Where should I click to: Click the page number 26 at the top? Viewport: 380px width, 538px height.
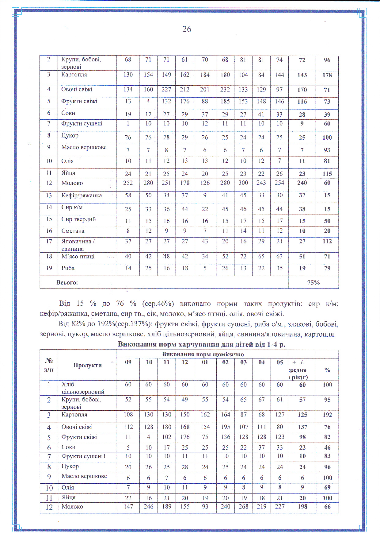tap(187, 29)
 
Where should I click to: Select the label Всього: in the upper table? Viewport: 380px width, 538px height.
tap(67, 283)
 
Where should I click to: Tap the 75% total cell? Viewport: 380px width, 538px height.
tap(313, 283)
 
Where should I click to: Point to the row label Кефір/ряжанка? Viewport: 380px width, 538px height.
tap(82, 196)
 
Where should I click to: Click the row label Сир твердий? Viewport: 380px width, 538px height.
tap(78, 219)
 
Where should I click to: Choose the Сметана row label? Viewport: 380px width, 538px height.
tap(73, 231)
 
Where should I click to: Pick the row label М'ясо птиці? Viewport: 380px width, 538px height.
tap(78, 257)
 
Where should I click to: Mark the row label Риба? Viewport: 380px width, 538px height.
tap(68, 268)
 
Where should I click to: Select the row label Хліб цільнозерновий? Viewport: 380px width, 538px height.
tap(83, 388)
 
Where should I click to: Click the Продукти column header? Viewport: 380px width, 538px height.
tap(87, 365)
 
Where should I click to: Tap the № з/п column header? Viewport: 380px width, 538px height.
tap(49, 365)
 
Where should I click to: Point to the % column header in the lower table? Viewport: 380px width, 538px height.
tap(327, 370)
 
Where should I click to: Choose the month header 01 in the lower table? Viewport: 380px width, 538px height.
tap(205, 362)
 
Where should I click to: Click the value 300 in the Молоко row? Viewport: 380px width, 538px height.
tap(243, 183)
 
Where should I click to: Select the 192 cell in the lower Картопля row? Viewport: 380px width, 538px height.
tap(327, 415)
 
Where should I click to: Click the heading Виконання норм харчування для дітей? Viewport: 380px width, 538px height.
tap(201, 344)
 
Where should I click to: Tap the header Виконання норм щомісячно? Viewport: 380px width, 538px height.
tap(203, 354)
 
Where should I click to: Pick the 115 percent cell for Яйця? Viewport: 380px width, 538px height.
tap(327, 174)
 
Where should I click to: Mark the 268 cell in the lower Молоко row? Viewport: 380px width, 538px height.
tap(243, 506)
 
